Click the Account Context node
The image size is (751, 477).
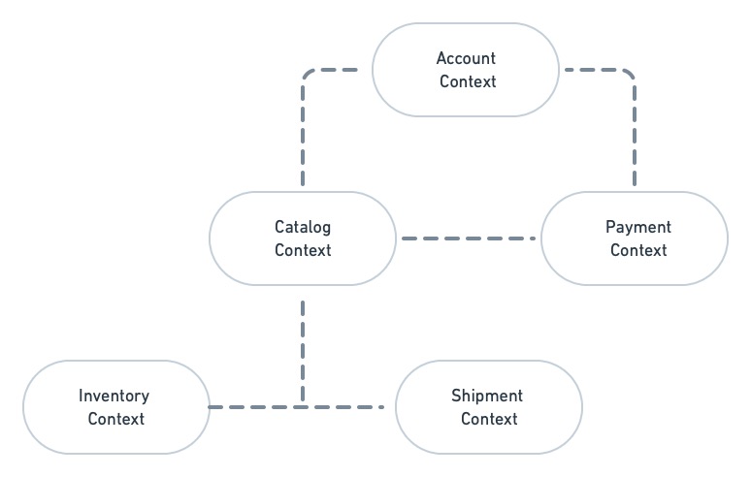pyautogui.click(x=467, y=70)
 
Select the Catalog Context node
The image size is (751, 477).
pyautogui.click(x=303, y=238)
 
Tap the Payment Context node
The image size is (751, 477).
pyautogui.click(x=635, y=238)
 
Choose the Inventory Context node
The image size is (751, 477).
pyautogui.click(x=115, y=407)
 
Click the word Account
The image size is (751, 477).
pyautogui.click(x=467, y=58)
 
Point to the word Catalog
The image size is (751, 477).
pyautogui.click(x=303, y=227)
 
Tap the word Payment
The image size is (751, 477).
pyautogui.click(x=638, y=227)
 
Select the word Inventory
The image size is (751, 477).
pyautogui.click(x=114, y=396)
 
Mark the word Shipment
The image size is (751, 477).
pyautogui.click(x=487, y=396)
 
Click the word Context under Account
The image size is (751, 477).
pyautogui.click(x=468, y=81)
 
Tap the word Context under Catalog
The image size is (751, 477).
pyautogui.click(x=303, y=250)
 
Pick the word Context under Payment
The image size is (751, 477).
pyautogui.click(x=638, y=250)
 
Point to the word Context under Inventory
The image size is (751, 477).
pyautogui.click(x=116, y=419)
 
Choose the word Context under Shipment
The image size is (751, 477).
pyautogui.click(x=489, y=419)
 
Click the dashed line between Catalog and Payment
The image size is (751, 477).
pyautogui.click(x=468, y=238)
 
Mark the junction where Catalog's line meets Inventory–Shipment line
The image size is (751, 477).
pyautogui.click(x=303, y=406)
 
